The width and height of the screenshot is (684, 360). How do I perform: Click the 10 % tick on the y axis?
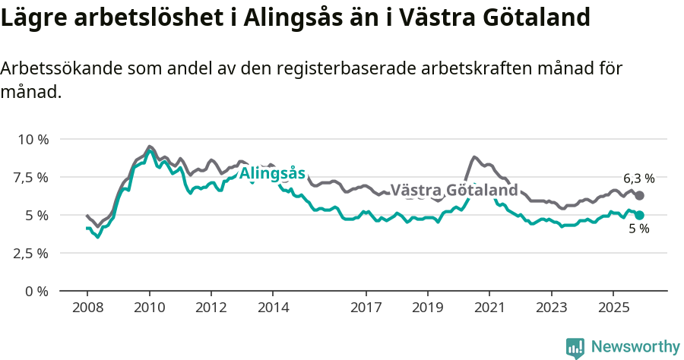coord(33,139)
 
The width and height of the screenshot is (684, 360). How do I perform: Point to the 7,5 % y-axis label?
coord(31,177)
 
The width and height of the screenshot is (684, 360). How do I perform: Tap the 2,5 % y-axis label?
coord(31,253)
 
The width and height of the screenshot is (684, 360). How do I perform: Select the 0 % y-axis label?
coord(36,291)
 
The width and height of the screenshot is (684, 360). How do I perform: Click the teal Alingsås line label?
coord(272,173)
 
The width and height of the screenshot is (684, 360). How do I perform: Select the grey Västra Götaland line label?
coord(454,190)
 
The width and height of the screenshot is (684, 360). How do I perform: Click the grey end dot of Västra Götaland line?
coord(640,196)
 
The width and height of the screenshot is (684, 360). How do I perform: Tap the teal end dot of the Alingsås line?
coord(640,215)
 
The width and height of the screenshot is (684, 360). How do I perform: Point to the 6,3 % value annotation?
coord(638,178)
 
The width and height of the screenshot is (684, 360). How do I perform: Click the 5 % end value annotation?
coord(638,229)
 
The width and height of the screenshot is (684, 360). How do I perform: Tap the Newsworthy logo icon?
coord(575,347)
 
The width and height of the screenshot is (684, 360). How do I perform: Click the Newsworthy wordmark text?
coord(635,347)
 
